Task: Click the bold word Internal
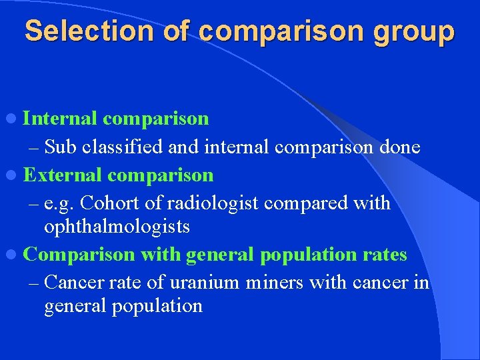pyautogui.click(x=61, y=119)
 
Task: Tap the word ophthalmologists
pyautogui.click(x=117, y=227)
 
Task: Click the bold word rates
pyautogui.click(x=385, y=255)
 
